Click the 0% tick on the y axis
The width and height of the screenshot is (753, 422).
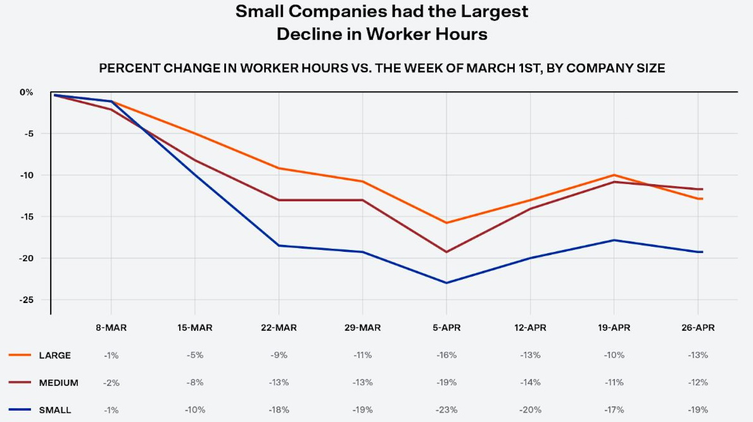click(x=26, y=92)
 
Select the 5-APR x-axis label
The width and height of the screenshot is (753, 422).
click(x=446, y=328)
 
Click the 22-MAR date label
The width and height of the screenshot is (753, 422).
click(x=279, y=328)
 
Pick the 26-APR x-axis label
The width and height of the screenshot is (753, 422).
click(x=698, y=328)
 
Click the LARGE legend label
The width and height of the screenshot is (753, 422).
click(x=55, y=356)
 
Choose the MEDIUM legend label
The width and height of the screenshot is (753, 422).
click(x=59, y=383)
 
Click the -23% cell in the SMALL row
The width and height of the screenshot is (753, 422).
click(x=446, y=411)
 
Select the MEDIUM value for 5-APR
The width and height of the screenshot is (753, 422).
click(x=446, y=383)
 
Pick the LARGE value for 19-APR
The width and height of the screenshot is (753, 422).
click(x=614, y=356)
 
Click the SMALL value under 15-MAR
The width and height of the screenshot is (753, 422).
click(x=195, y=411)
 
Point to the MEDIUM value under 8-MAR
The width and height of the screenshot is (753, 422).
click(x=111, y=383)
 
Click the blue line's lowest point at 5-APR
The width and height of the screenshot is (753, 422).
click(x=446, y=283)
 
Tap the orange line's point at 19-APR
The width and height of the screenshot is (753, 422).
click(x=614, y=175)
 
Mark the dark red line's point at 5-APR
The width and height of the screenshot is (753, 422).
click(x=446, y=252)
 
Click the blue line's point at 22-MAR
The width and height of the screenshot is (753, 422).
click(x=279, y=245)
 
